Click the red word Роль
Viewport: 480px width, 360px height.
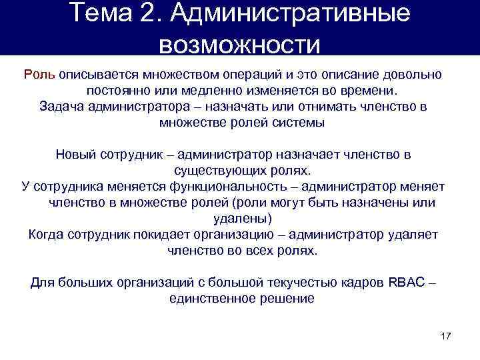pos(41,73)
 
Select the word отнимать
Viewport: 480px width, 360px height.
pos(318,106)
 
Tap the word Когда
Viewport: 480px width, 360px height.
pos(47,235)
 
